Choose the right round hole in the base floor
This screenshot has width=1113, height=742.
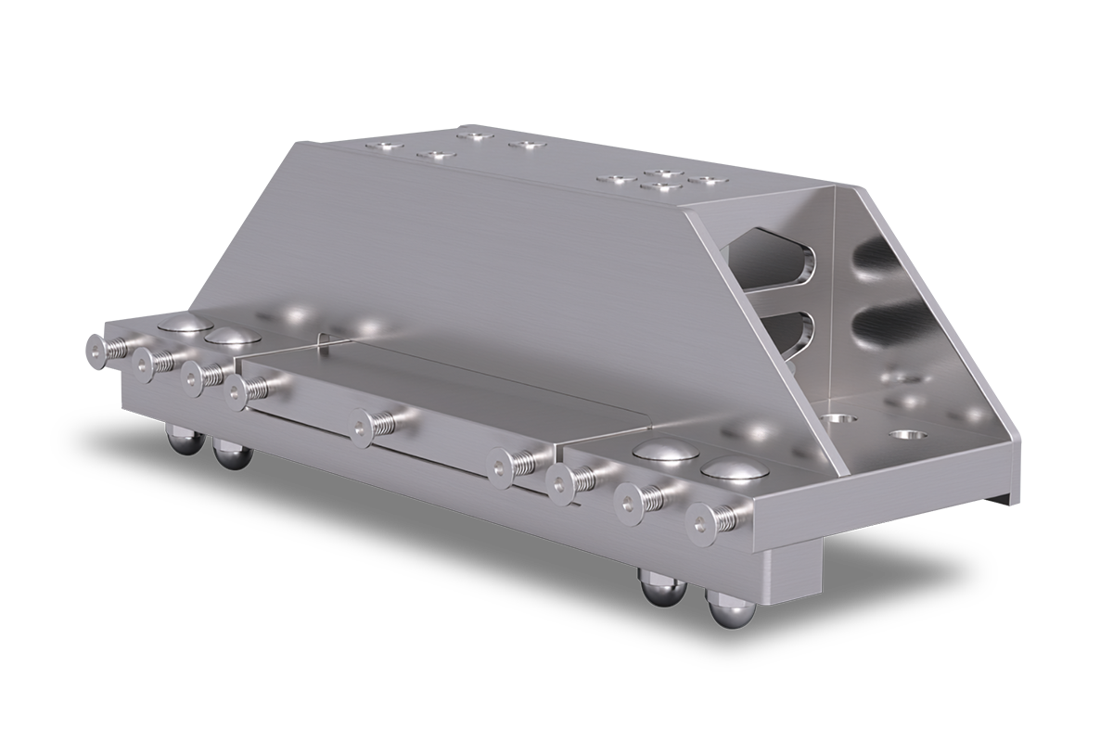(x=903, y=433)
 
